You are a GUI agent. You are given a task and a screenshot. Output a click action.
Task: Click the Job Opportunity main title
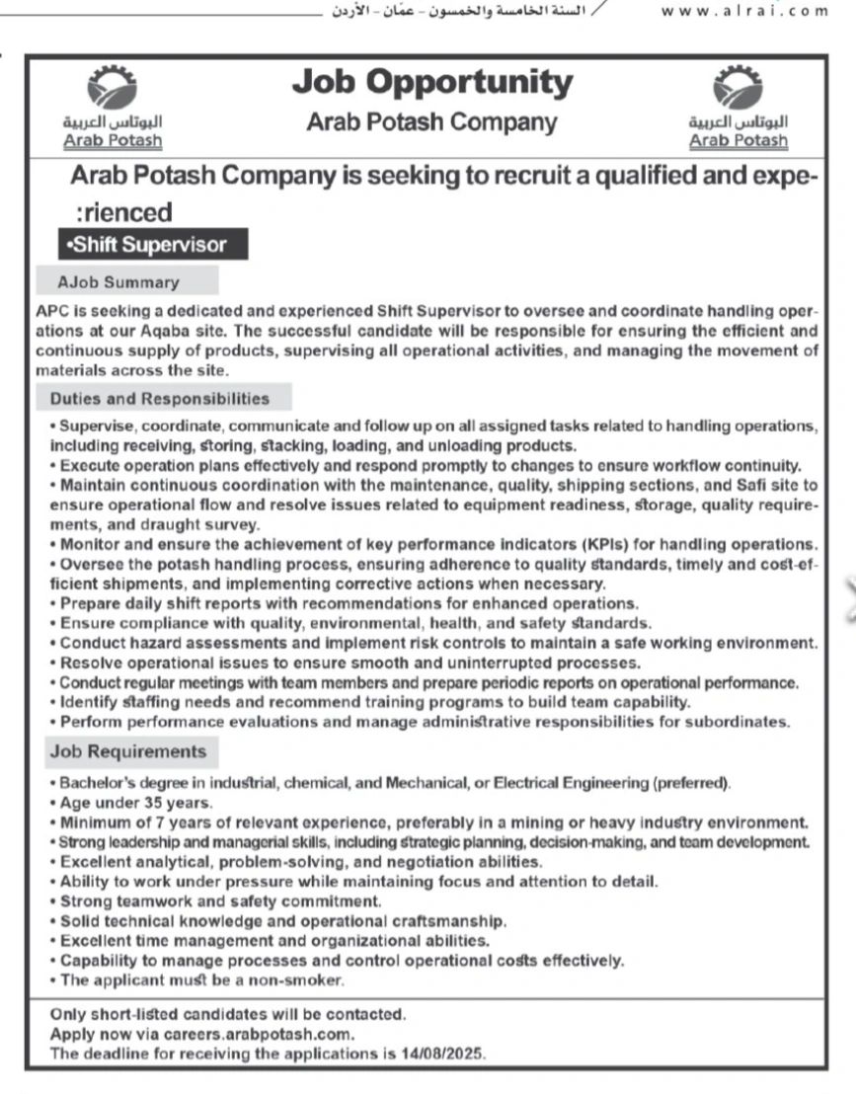pos(431,83)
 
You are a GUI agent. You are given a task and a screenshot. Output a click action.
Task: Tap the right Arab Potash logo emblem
pos(739,90)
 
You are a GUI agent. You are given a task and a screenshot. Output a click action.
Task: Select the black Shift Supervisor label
pos(152,244)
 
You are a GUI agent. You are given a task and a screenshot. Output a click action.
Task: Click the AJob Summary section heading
pos(118,282)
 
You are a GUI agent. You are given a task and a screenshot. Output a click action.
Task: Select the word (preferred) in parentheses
pos(690,784)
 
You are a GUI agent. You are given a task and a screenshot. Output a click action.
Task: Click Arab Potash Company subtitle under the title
pos(431,122)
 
